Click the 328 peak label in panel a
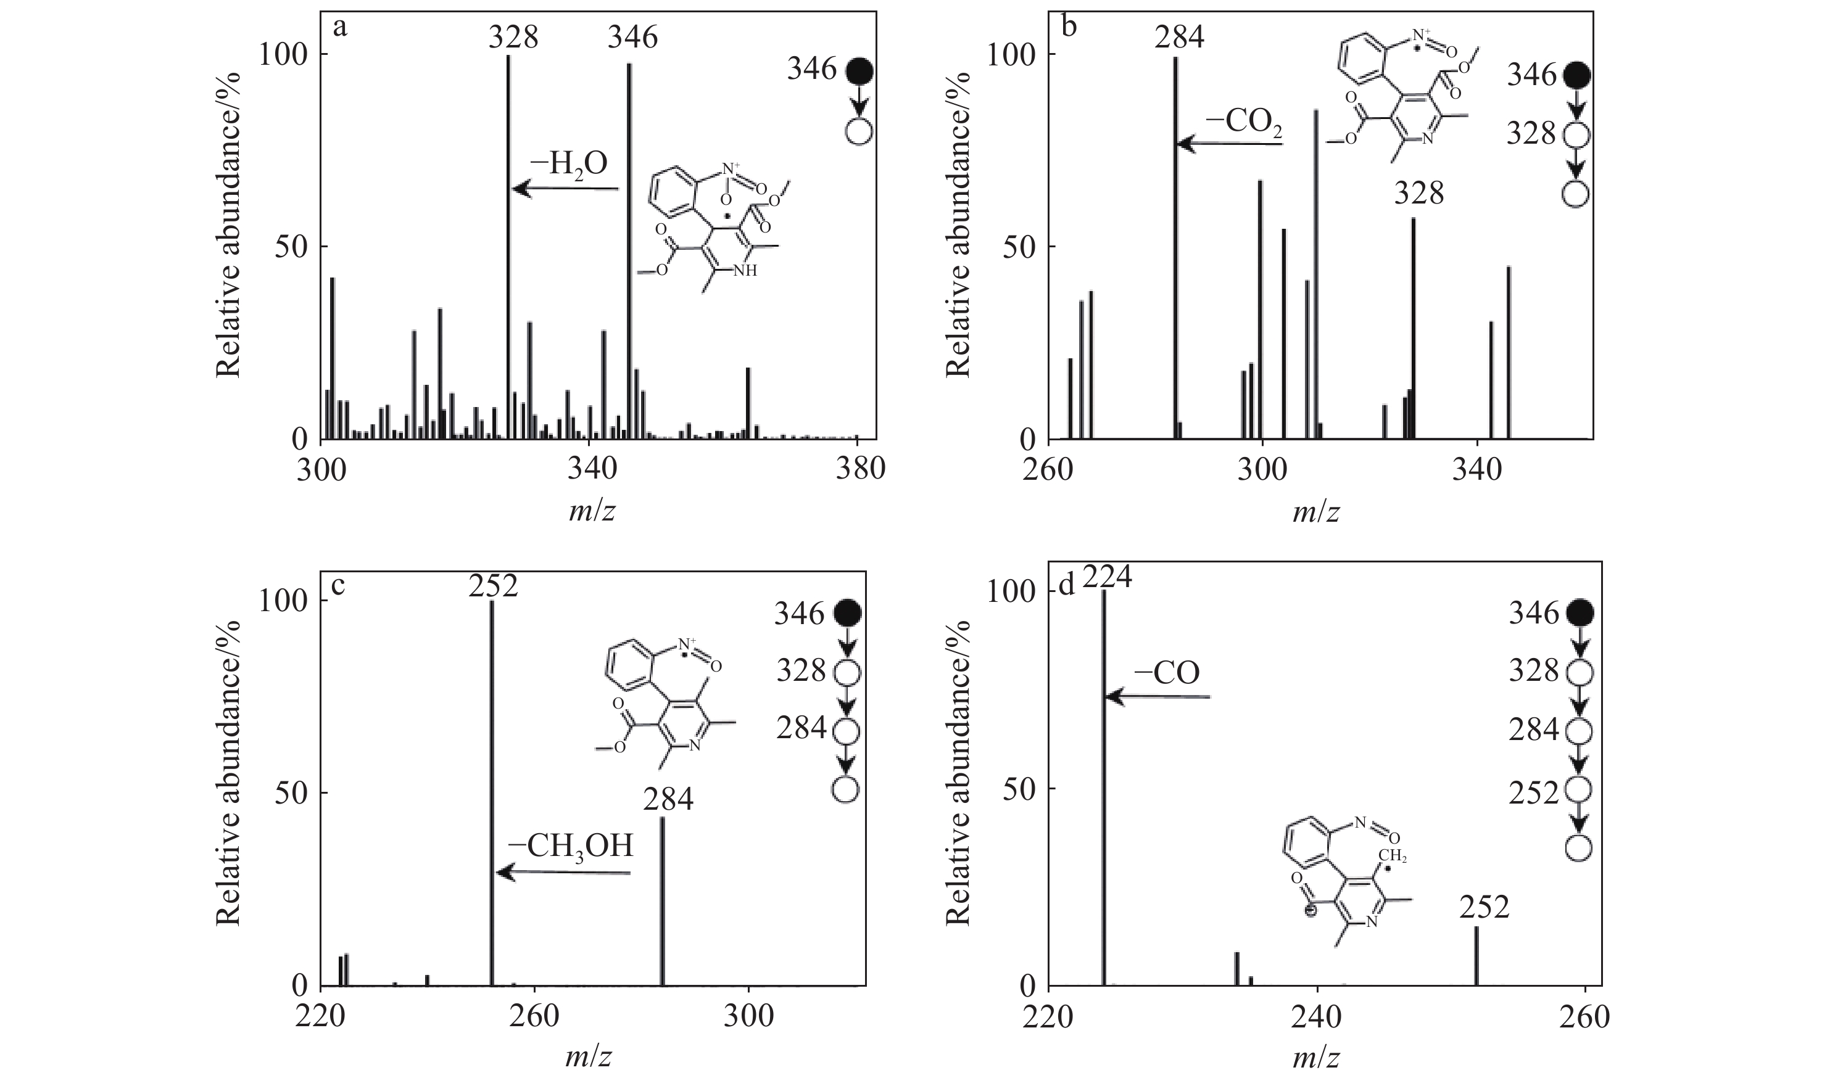coord(513,36)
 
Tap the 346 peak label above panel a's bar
coord(632,36)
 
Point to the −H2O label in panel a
coord(569,164)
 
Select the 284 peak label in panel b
coord(1179,36)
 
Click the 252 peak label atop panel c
coord(493,585)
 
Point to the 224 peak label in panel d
coord(1108,579)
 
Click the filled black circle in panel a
coord(859,70)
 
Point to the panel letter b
coord(1069,27)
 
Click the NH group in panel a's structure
coord(743,271)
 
